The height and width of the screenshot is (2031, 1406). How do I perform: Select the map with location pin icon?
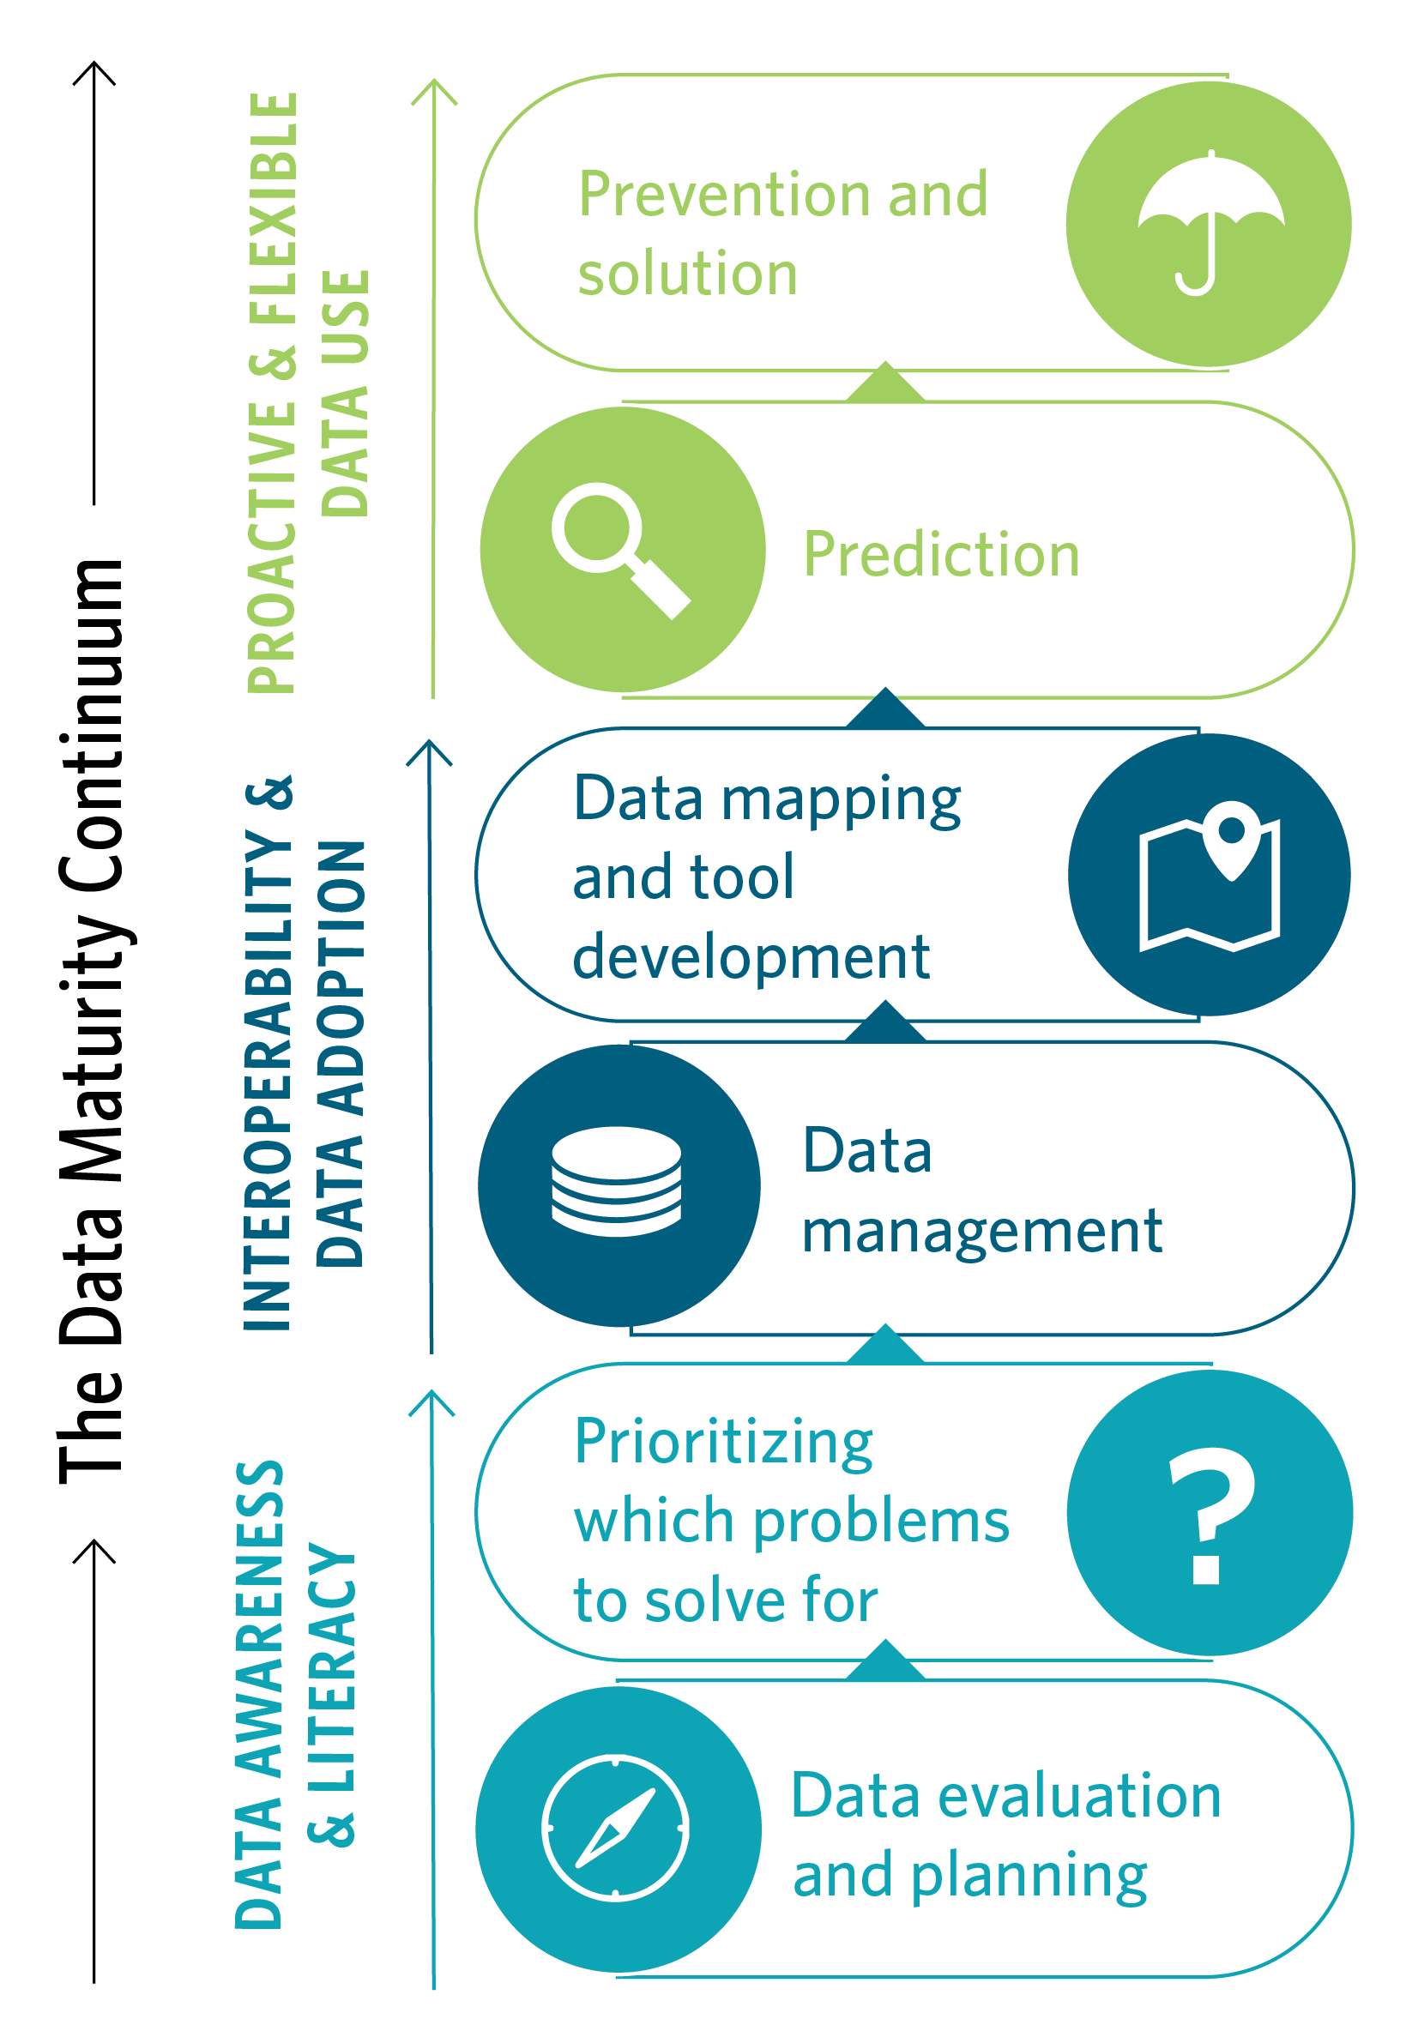pyautogui.click(x=1210, y=876)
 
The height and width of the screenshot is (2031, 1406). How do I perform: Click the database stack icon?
pyautogui.click(x=616, y=1181)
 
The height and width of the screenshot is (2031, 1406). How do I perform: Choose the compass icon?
pyautogui.click(x=616, y=1829)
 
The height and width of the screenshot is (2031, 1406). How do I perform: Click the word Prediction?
pyautogui.click(x=941, y=555)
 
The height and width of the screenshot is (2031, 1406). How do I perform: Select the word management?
pyautogui.click(x=981, y=1232)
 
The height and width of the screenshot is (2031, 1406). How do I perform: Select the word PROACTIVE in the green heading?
pyautogui.click(x=271, y=547)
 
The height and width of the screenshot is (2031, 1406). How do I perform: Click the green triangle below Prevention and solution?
pyautogui.click(x=885, y=384)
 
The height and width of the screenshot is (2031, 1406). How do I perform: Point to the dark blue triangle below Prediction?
pyautogui.click(x=885, y=710)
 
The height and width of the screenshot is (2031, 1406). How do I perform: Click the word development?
pyautogui.click(x=751, y=958)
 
